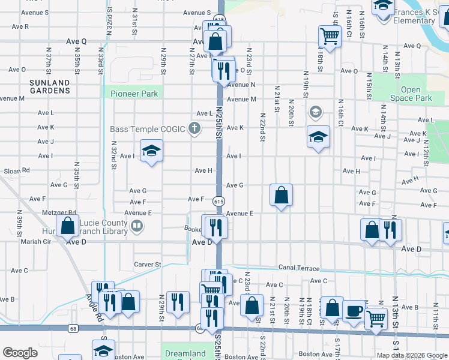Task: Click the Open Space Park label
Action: coord(411,94)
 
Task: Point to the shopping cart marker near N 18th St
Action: coord(330,37)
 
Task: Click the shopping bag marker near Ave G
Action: coord(281,194)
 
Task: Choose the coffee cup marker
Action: coord(354,310)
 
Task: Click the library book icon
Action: coord(137,226)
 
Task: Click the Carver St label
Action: coord(148,264)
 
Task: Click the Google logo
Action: coord(20,352)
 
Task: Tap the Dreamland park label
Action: coord(185,353)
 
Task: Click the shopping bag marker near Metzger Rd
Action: coord(68,226)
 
